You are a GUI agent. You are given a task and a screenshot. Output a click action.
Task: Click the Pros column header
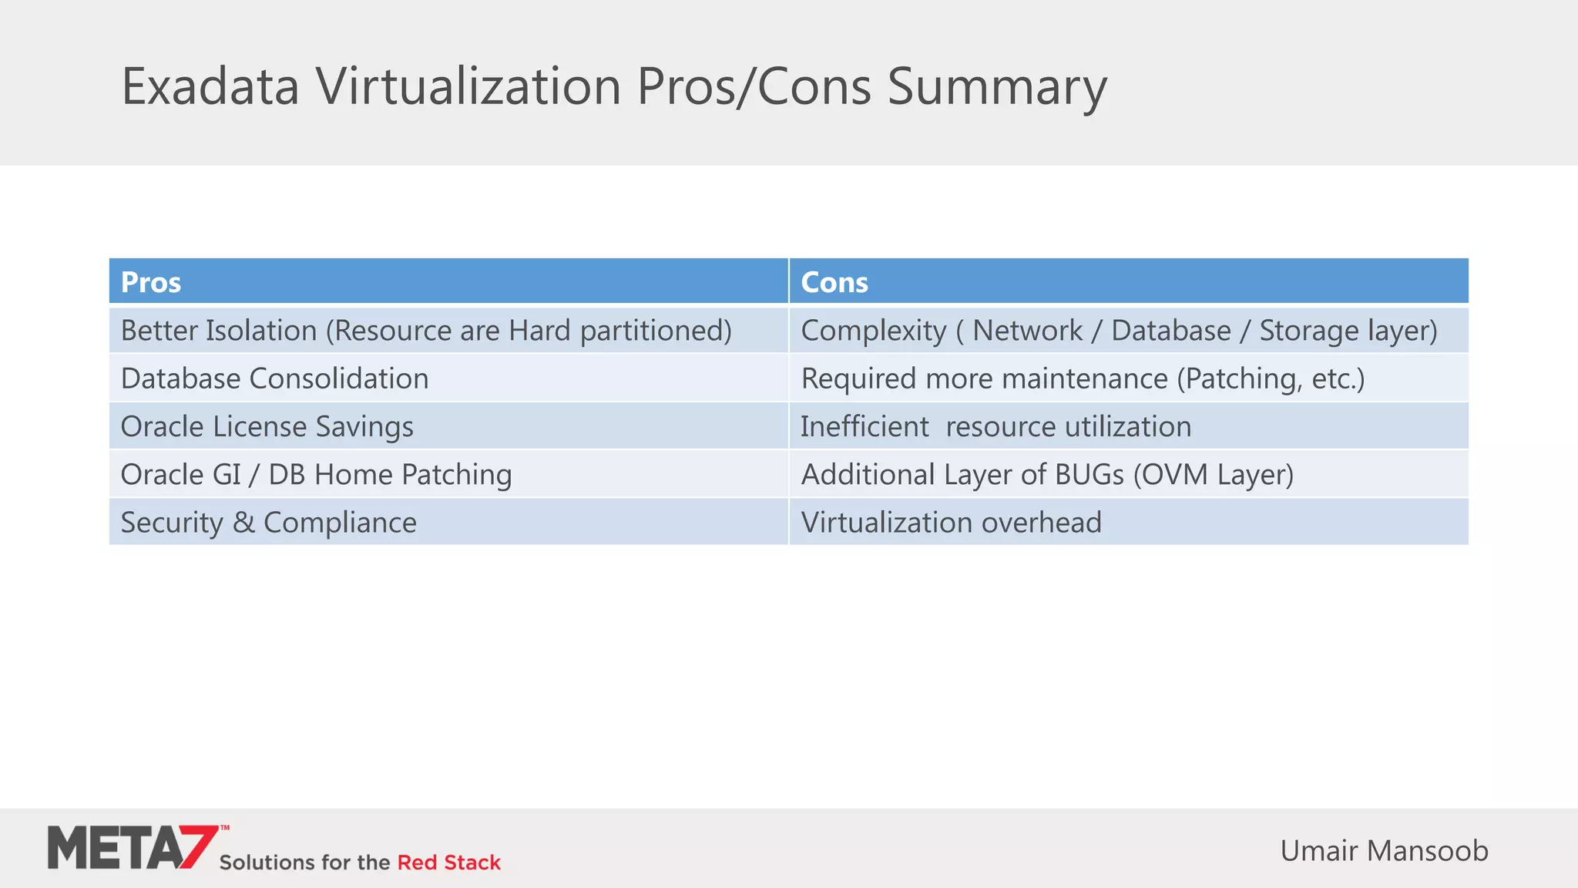pos(151,282)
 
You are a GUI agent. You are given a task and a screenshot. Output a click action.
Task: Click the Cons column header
pos(834,282)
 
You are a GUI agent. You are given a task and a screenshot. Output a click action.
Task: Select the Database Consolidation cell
pos(274,378)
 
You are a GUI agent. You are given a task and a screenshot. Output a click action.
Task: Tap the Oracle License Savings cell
pos(267,426)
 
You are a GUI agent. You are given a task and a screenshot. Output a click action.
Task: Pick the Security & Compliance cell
pos(268,523)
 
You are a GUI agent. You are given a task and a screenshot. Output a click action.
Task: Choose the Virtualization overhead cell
pos(951,523)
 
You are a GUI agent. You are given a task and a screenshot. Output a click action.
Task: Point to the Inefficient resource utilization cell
pos(995,426)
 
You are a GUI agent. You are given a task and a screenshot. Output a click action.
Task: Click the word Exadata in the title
pos(210,86)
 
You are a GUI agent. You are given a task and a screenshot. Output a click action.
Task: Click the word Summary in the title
pos(997,86)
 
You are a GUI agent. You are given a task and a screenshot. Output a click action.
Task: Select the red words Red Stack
pos(448,863)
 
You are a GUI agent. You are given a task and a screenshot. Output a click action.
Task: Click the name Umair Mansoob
pos(1384,851)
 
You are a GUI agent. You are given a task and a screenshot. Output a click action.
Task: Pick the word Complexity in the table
pos(873,331)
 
